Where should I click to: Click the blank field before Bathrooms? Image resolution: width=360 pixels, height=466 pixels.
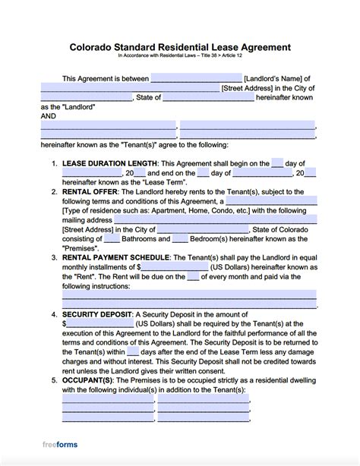pyautogui.click(x=112, y=238)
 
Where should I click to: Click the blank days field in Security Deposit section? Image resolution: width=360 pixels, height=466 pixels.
pyautogui.click(x=132, y=351)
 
